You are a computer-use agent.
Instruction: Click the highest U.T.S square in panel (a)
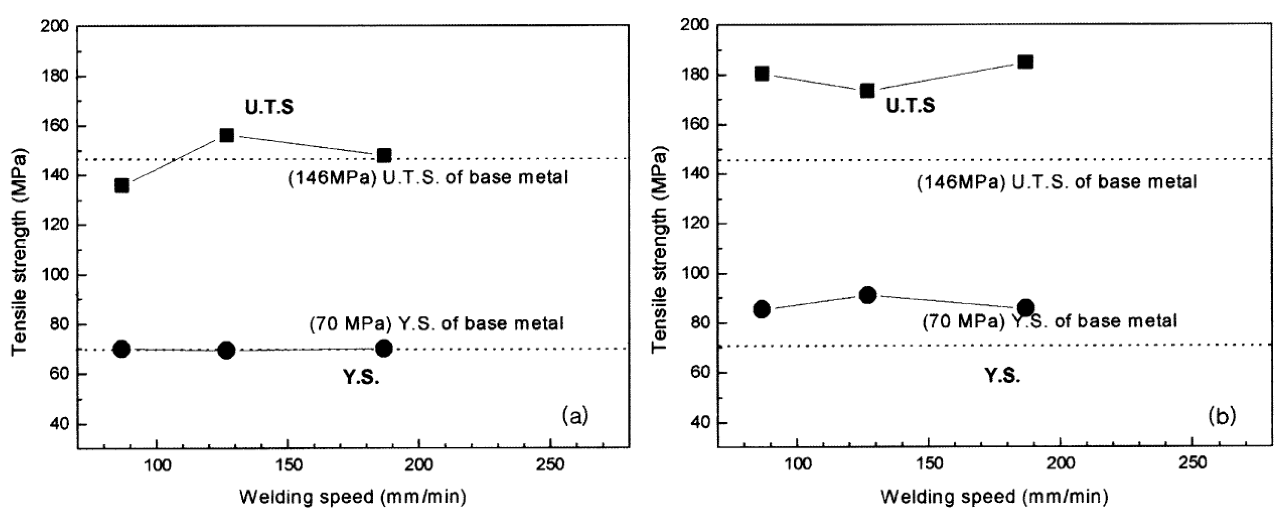227,135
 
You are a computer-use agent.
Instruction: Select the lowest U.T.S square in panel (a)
121,185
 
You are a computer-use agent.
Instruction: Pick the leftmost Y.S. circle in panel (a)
121,349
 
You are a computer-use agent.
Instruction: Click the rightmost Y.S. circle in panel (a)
384,348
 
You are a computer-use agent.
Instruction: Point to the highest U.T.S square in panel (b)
1025,62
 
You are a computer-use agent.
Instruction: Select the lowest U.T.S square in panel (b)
867,91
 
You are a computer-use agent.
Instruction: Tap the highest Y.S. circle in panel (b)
867,295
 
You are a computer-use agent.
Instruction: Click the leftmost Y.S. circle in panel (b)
761,309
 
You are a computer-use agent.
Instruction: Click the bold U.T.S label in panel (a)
269,108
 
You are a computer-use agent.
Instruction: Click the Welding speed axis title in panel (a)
353,497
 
